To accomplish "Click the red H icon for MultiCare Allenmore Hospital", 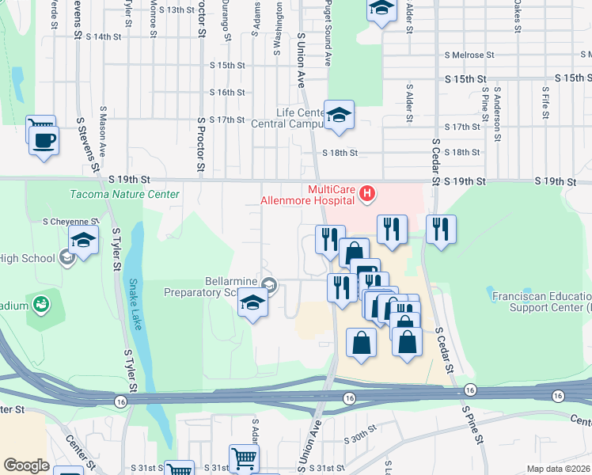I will [x=366, y=192].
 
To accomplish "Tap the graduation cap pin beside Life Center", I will [x=338, y=116].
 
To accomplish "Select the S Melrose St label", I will [x=469, y=55].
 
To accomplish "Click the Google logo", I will [x=26, y=465].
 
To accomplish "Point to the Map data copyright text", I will [x=558, y=469].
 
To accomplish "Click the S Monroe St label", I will [x=152, y=19].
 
